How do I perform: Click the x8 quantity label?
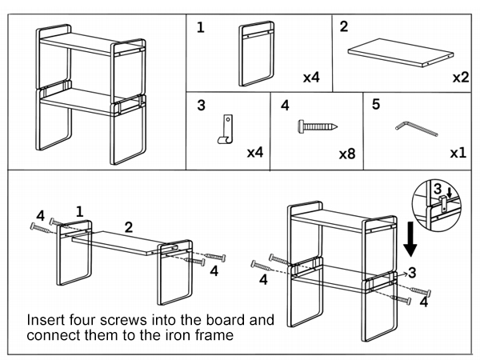(x=347, y=154)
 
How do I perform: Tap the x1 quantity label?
(x=458, y=153)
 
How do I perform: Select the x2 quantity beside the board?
(x=461, y=78)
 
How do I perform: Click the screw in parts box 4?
(x=318, y=126)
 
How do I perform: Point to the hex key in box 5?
(x=416, y=129)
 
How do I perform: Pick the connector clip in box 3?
(x=226, y=129)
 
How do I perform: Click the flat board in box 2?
(x=401, y=53)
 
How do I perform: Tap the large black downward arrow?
(x=410, y=239)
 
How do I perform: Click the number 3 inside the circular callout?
(x=438, y=189)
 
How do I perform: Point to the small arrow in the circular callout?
(x=449, y=193)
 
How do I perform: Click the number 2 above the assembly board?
(x=129, y=227)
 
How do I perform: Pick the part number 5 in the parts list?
(x=376, y=104)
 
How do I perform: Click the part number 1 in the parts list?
(x=201, y=27)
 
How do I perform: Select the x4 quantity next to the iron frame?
(x=311, y=78)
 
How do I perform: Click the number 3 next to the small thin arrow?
(x=412, y=273)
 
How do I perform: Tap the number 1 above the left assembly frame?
(x=79, y=211)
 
